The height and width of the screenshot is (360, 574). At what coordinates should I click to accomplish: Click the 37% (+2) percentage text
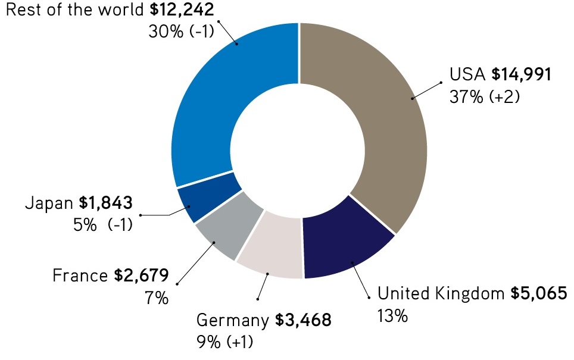pyautogui.click(x=485, y=96)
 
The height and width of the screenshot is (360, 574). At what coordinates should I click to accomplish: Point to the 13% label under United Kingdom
pyautogui.click(x=392, y=315)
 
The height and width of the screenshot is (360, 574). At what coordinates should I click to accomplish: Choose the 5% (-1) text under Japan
pyautogui.click(x=107, y=225)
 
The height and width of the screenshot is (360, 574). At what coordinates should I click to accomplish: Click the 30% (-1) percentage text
pyautogui.click(x=181, y=31)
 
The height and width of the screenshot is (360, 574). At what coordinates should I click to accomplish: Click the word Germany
pyautogui.click(x=233, y=322)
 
